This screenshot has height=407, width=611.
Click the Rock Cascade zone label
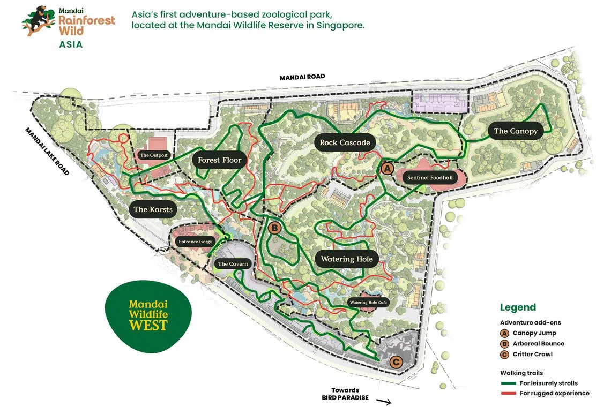345,142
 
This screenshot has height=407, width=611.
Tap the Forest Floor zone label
219,160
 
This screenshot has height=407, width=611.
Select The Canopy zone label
515,131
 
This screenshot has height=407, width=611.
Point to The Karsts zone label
153,209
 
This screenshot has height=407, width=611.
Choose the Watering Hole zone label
346,259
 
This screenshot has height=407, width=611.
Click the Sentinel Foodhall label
430,177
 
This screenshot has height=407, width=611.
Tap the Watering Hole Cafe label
368,302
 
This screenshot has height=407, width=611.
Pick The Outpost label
154,155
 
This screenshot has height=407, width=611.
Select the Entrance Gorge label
195,242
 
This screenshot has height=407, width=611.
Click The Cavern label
233,264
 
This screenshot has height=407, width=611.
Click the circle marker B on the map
274,228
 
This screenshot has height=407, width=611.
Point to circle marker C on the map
396,362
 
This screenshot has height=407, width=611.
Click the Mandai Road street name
302,77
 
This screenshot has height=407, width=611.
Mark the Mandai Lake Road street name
47,151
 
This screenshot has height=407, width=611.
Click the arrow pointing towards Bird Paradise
384,400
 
